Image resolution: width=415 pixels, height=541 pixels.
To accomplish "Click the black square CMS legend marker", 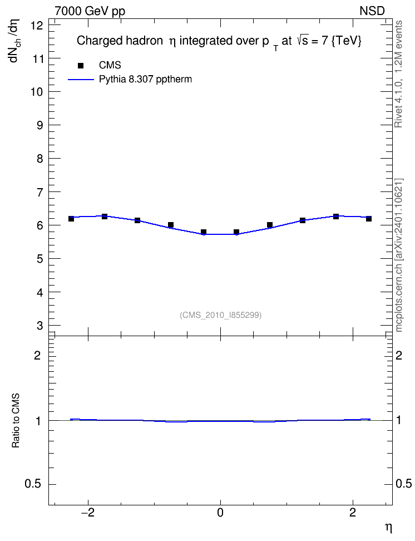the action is pos(81,66).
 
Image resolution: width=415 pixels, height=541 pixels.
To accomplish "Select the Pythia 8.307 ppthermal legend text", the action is pos(145,80).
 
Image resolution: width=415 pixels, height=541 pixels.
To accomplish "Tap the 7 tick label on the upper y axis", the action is pos(41,192).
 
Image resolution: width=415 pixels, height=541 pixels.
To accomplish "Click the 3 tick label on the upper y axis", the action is pos(41,326).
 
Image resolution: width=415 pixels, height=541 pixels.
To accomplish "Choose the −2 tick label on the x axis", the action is pos(88,513).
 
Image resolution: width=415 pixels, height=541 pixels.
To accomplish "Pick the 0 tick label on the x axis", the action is pos(220,513).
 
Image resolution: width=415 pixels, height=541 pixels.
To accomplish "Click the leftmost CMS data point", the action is pos(71,219).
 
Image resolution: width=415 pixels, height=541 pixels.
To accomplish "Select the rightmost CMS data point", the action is pos(369,219).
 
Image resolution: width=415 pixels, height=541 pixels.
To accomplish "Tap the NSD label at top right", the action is pos(372,11).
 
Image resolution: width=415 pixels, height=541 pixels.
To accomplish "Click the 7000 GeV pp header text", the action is pos(90,11).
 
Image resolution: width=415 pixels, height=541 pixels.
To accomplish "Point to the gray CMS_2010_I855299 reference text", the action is pos(220,315).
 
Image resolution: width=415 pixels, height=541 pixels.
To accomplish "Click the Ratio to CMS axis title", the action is pos(16,421).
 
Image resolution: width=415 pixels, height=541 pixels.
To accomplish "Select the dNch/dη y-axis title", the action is pos(15,41).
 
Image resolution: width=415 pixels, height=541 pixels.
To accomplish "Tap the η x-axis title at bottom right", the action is pos(388,528).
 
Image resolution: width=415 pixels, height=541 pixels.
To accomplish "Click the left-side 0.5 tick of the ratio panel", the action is pos(33,484).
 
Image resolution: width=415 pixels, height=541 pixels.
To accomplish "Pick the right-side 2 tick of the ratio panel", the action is pos(399,355).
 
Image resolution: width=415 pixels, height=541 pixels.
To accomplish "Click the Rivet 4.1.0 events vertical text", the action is pos(398,74).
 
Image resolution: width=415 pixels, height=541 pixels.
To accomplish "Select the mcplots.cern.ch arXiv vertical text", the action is pos(398,255).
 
